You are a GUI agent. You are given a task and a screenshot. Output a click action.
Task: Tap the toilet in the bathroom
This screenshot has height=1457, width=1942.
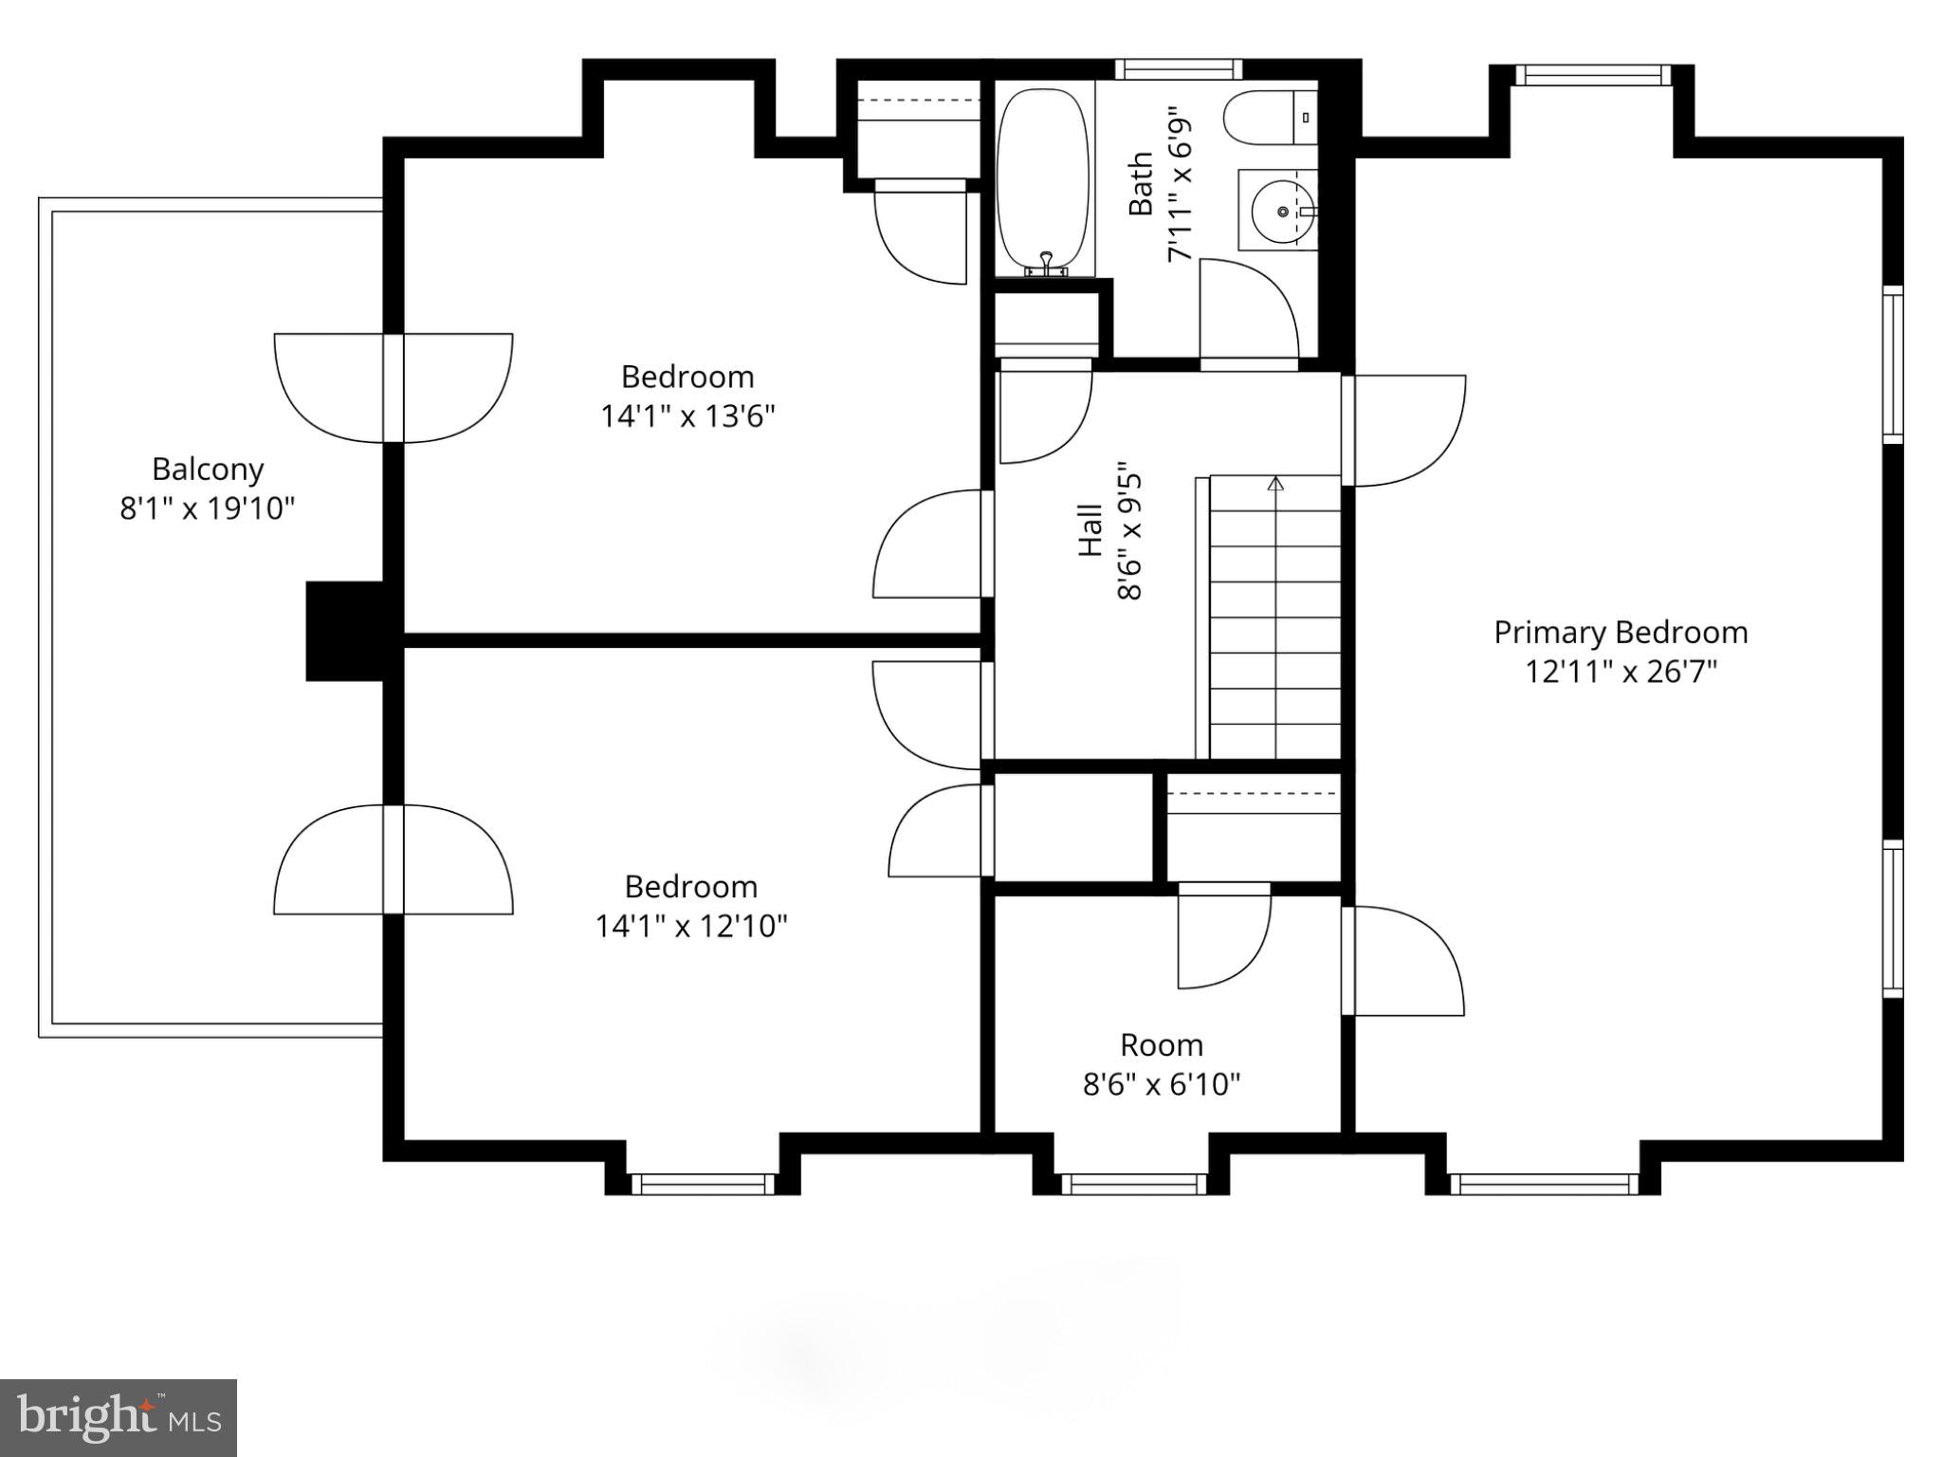click(x=1269, y=119)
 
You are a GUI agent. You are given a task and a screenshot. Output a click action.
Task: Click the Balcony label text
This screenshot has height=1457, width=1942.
click(x=208, y=470)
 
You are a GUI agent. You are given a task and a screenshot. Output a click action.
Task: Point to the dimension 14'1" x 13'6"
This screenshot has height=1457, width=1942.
click(x=687, y=416)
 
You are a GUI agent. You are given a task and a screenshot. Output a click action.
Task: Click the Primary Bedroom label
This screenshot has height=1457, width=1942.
click(x=1621, y=633)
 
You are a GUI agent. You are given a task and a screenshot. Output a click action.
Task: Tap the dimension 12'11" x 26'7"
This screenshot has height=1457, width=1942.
click(x=1621, y=673)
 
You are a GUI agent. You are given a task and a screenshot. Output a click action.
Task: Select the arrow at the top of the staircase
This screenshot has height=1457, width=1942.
click(x=1275, y=484)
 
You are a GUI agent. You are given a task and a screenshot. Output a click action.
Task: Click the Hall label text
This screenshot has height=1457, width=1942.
click(x=1090, y=531)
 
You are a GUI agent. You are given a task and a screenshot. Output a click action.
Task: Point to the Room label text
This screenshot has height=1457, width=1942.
click(x=1161, y=1045)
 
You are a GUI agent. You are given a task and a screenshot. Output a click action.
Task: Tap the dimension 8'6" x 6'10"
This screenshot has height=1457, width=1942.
click(x=1161, y=1084)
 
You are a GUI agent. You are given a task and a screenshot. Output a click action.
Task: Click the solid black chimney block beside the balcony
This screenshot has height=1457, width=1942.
click(x=344, y=631)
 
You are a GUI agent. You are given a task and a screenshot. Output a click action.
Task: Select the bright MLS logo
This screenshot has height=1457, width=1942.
click(x=119, y=1417)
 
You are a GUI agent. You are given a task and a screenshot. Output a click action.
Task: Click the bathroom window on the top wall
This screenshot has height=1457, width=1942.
click(x=1178, y=69)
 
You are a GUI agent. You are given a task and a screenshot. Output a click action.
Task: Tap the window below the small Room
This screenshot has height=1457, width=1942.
click(x=1133, y=1184)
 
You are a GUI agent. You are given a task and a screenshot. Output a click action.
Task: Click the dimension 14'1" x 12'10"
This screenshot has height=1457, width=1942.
click(x=690, y=926)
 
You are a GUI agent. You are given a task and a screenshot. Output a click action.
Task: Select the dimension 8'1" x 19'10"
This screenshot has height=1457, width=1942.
click(x=207, y=509)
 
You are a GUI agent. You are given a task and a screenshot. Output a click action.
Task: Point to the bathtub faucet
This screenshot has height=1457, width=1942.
click(x=1046, y=264)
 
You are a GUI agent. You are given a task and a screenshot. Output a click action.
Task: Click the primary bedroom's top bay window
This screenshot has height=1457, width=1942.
click(x=1590, y=75)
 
